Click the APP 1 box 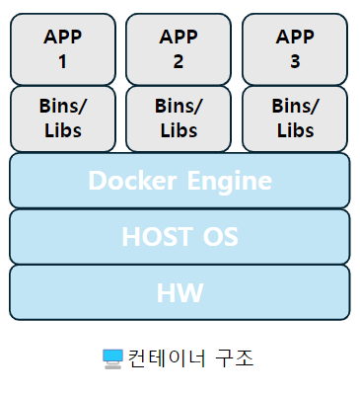(x=63, y=49)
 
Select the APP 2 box (x=179, y=49)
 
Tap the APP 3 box (x=295, y=49)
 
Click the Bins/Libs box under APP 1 (x=63, y=118)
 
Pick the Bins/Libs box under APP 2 (x=179, y=118)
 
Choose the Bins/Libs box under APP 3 (x=295, y=118)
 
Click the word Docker (x=133, y=181)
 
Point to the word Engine (x=230, y=182)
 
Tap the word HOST (x=158, y=237)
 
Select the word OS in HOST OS (x=220, y=237)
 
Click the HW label (x=180, y=292)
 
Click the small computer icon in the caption (x=112, y=359)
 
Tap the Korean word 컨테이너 (x=167, y=358)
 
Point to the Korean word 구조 (x=235, y=358)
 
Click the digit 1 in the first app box (x=62, y=61)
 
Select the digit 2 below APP (x=179, y=61)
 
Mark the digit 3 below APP (x=295, y=61)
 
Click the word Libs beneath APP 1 (x=63, y=130)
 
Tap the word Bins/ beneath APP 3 (x=295, y=106)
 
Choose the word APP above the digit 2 (x=179, y=37)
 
